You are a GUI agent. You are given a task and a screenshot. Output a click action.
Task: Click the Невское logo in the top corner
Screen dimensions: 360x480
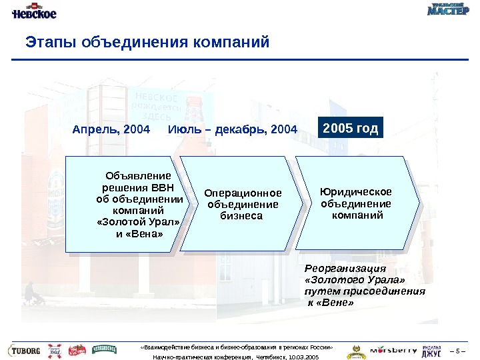33,13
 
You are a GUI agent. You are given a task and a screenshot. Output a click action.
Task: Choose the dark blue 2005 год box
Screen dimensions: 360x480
351,127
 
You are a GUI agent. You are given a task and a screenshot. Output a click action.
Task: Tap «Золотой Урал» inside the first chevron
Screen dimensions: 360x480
139,222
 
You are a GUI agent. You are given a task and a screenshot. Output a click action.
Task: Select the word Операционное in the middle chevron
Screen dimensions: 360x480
243,193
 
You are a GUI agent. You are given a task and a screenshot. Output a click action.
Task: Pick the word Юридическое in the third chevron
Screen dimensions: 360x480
356,193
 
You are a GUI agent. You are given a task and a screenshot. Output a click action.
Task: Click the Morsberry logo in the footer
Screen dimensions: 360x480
393,350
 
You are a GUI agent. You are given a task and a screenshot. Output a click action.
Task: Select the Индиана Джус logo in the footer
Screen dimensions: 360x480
432,351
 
